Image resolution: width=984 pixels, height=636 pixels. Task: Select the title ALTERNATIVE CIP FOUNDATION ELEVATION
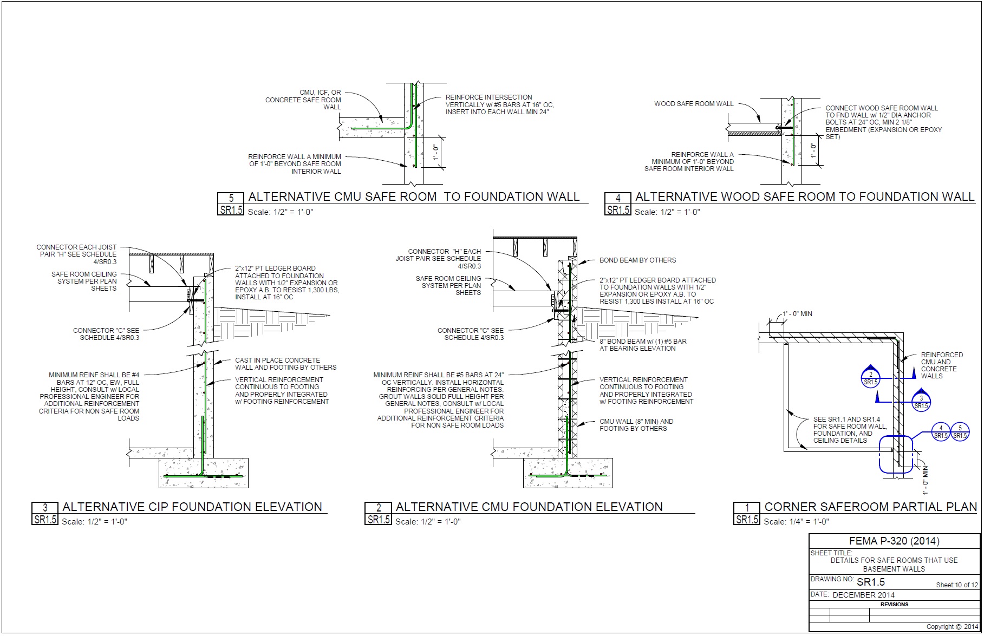click(192, 507)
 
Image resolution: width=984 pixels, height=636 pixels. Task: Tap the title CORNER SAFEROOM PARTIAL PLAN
click(870, 507)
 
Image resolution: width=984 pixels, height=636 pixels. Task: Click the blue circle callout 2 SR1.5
click(870, 378)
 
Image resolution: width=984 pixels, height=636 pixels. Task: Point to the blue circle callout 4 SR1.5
click(941, 431)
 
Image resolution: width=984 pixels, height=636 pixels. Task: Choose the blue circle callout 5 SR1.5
click(960, 431)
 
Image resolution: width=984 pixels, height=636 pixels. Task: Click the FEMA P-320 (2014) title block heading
click(894, 541)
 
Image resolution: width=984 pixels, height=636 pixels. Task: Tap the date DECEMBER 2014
click(863, 594)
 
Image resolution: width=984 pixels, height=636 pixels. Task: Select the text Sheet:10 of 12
click(957, 585)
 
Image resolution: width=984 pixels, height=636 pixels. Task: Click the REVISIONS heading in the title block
click(894, 604)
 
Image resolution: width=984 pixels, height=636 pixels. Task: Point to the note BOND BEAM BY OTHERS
click(637, 260)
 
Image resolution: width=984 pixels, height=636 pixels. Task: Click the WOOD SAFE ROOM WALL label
click(694, 104)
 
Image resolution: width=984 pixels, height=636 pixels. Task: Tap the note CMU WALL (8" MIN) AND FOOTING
click(636, 425)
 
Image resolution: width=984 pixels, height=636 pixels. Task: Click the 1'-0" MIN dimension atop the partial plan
click(797, 314)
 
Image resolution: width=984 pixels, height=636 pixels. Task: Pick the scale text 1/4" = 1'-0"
click(796, 522)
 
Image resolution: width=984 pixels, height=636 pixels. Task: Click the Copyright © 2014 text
click(952, 627)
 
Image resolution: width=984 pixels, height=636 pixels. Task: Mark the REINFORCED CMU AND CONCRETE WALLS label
click(942, 365)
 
